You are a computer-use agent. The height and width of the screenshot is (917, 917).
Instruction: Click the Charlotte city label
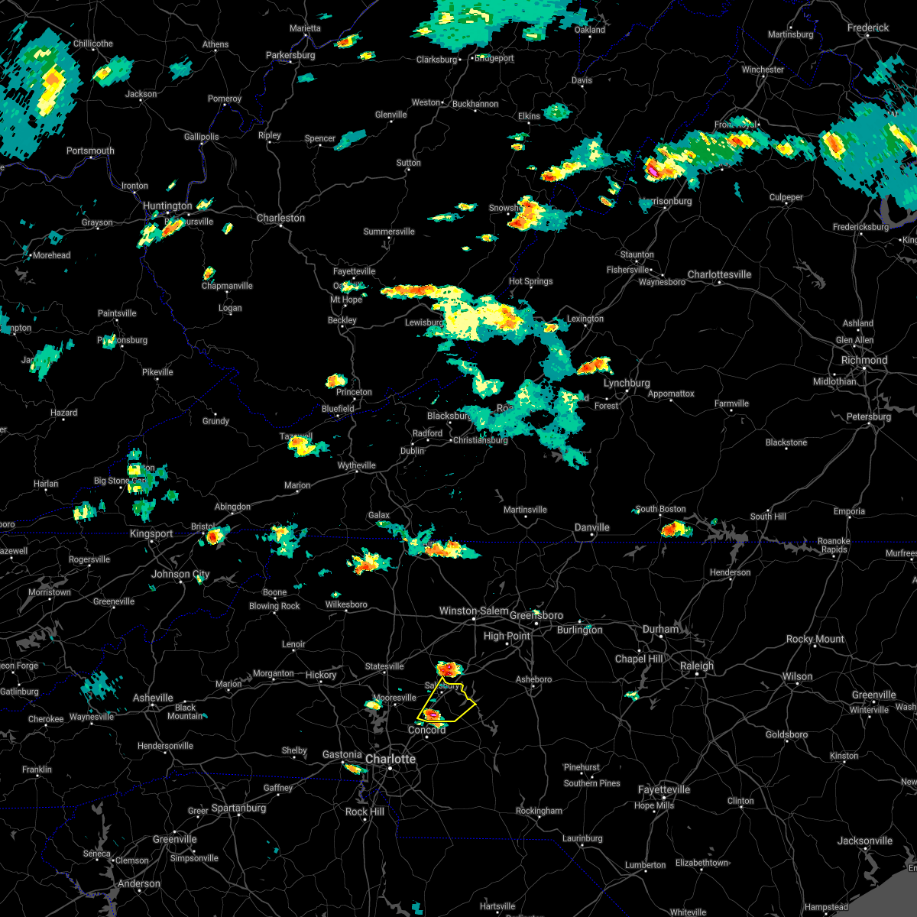click(390, 759)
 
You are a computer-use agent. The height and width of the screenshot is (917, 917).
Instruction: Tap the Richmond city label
click(864, 360)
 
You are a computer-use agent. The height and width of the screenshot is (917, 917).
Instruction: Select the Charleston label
click(280, 218)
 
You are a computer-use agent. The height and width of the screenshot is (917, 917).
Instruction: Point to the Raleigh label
click(697, 666)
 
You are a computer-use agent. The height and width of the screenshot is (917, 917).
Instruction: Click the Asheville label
click(153, 698)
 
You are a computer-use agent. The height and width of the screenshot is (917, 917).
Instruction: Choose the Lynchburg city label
click(627, 383)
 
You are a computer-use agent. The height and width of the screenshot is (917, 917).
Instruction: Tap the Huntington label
click(167, 206)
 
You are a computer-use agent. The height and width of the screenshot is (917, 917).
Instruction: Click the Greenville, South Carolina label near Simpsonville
click(174, 839)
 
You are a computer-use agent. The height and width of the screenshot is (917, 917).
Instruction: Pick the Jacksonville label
click(864, 841)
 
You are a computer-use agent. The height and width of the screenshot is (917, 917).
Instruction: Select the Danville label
click(592, 527)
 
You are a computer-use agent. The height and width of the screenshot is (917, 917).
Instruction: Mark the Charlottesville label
click(719, 274)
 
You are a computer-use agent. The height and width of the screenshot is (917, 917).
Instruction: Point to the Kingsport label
click(151, 533)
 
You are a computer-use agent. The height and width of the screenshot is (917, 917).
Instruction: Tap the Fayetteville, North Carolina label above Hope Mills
click(664, 789)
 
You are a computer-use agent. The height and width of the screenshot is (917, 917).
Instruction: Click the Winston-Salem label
click(474, 611)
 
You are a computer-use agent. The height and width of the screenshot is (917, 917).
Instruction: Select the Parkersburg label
click(290, 55)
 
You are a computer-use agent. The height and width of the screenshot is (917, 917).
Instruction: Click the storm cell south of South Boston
click(676, 529)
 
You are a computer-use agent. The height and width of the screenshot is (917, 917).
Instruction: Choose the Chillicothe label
click(92, 44)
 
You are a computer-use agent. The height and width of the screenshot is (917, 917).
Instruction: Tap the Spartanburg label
click(238, 808)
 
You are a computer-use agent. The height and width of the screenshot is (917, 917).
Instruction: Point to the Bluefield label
click(338, 409)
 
